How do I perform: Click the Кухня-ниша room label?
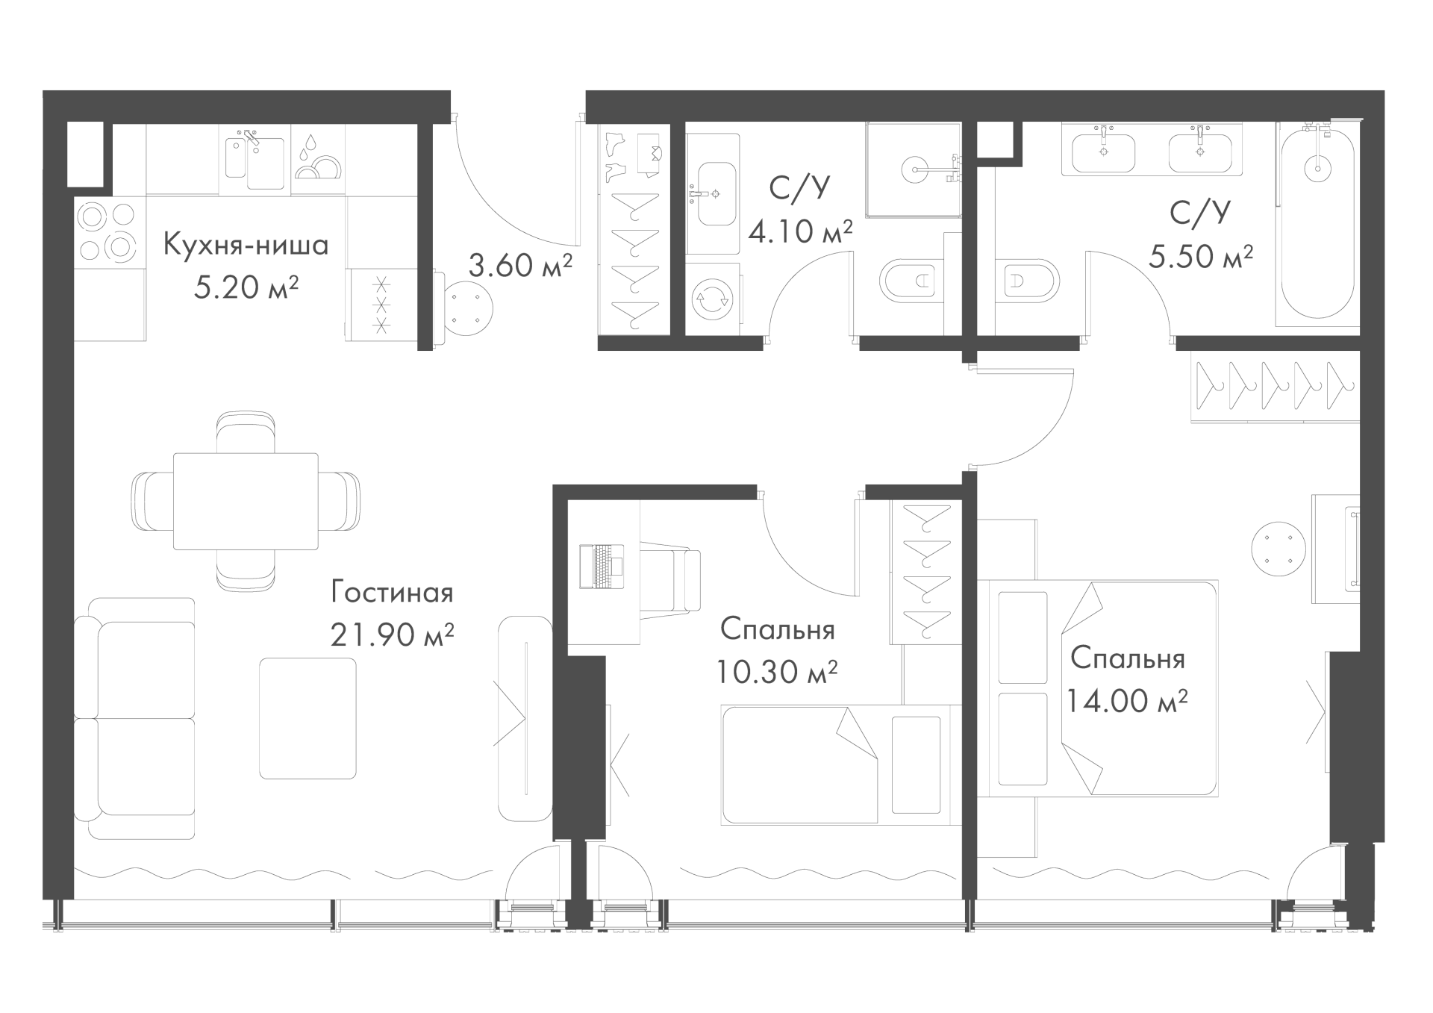click(246, 245)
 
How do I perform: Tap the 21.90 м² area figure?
click(393, 635)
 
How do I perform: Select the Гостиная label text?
click(393, 593)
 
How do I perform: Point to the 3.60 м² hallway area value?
click(520, 265)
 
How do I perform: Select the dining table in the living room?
click(246, 501)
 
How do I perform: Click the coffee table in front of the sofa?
click(307, 718)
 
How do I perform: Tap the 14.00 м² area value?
click(1127, 701)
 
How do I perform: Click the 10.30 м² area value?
click(776, 672)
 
